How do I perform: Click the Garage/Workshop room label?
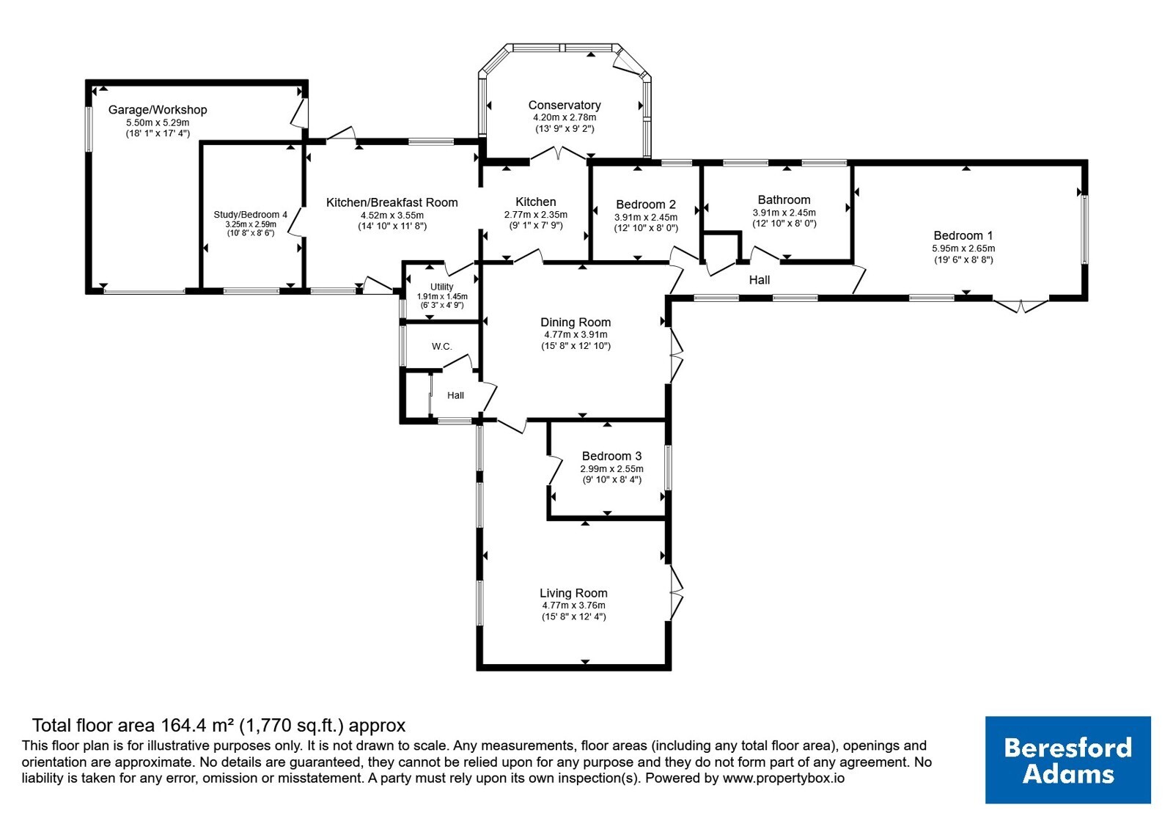click(158, 110)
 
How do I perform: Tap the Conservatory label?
click(565, 106)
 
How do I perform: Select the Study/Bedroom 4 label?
click(250, 215)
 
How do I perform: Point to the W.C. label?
click(442, 347)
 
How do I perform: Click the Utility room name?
click(442, 287)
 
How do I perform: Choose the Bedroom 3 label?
click(611, 456)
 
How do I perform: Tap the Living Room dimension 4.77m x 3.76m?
click(574, 605)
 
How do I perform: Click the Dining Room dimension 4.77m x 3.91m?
click(576, 334)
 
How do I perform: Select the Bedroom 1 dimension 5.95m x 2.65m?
click(963, 248)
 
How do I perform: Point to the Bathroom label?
click(784, 199)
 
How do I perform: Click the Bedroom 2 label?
click(646, 205)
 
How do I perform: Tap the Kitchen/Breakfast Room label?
click(391, 202)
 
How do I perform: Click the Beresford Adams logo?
click(1067, 759)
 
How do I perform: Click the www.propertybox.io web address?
click(784, 778)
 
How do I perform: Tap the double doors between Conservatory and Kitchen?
click(558, 153)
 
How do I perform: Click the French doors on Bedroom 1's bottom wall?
click(1021, 306)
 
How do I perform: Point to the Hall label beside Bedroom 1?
click(760, 280)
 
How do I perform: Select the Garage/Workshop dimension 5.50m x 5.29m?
click(158, 122)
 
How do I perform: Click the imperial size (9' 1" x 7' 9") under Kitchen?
click(536, 226)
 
